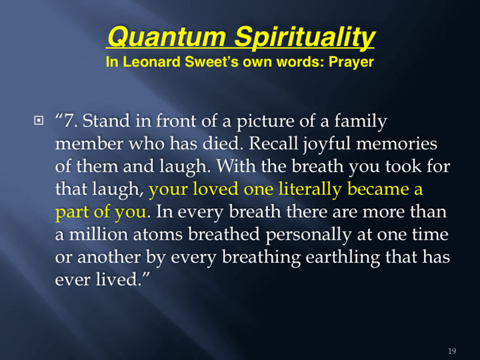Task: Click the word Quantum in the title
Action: click(x=167, y=36)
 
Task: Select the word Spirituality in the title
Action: click(x=304, y=37)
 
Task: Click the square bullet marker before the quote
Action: click(x=38, y=120)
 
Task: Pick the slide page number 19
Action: click(x=452, y=351)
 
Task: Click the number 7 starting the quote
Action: click(x=69, y=120)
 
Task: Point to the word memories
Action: click(x=397, y=143)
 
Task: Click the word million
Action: click(x=99, y=234)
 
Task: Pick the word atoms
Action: click(x=158, y=234)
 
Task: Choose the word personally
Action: click(x=309, y=235)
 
